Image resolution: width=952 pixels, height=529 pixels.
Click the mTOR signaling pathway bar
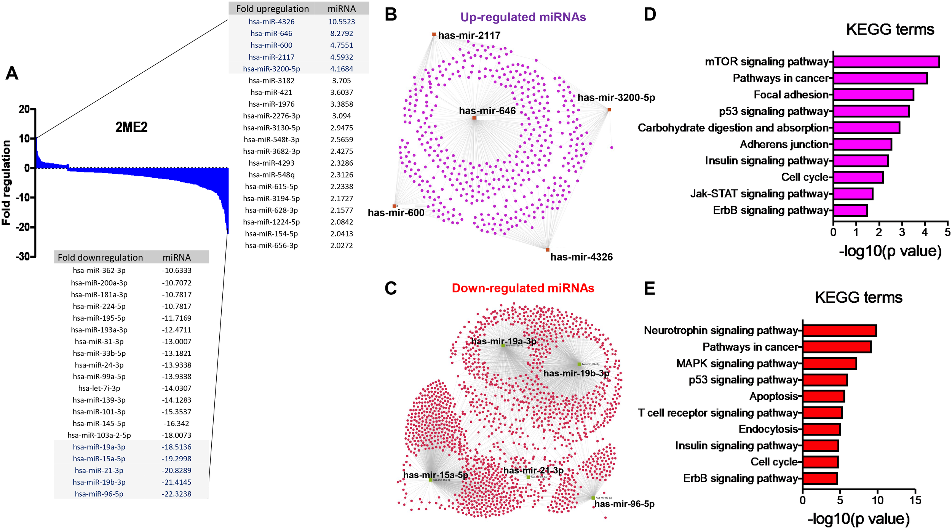click(886, 62)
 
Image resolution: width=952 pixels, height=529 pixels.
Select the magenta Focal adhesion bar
click(873, 94)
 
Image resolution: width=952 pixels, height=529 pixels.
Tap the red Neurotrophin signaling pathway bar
click(839, 331)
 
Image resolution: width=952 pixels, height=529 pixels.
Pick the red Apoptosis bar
click(823, 396)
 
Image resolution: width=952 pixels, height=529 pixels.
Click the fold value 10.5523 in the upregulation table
click(342, 22)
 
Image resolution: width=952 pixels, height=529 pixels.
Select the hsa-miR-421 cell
click(271, 92)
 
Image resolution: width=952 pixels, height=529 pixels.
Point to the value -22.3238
click(176, 494)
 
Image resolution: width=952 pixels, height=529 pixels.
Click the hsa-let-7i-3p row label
click(99, 388)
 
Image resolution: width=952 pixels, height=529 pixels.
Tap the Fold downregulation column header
click(100, 257)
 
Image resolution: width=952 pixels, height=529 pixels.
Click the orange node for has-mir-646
click(474, 118)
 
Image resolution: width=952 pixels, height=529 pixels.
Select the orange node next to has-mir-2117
click(434, 35)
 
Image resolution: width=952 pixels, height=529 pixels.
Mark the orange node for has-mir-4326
click(548, 250)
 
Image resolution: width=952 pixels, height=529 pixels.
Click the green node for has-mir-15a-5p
click(431, 480)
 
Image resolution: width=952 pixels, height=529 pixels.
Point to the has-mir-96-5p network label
click(624, 504)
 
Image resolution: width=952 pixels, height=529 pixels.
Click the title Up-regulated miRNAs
click(523, 17)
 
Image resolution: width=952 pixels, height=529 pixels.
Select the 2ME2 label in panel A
click(131, 127)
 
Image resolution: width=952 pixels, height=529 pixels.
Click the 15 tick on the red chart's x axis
click(915, 500)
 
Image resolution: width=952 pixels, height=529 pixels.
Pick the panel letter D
click(650, 14)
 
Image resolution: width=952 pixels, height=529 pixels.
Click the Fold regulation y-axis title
click(6, 183)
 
